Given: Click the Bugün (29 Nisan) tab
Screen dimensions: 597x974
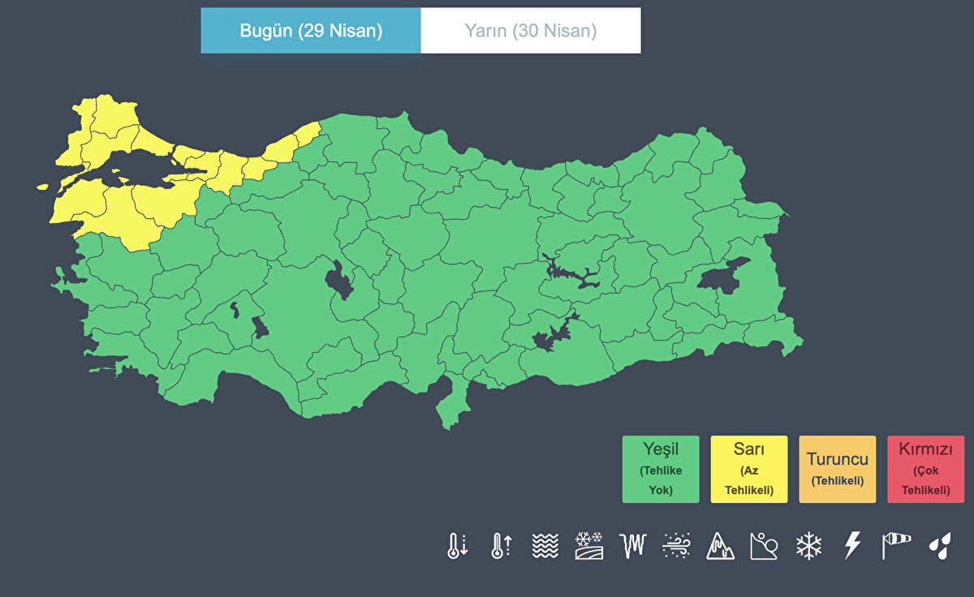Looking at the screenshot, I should [311, 31].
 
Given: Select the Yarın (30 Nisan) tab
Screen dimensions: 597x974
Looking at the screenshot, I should [531, 31].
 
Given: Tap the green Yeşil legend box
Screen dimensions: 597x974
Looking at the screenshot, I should [661, 469].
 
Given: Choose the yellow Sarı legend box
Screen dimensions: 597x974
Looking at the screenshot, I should [749, 469].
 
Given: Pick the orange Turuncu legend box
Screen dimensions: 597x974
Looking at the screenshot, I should [838, 469].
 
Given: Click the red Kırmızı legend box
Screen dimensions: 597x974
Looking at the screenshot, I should [925, 469].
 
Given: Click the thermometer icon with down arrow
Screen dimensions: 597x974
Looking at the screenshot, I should [457, 545].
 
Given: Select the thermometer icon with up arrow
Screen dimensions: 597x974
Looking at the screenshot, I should [501, 545].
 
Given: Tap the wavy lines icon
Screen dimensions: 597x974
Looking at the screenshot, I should [545, 545].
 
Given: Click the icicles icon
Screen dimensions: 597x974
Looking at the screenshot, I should [632, 545].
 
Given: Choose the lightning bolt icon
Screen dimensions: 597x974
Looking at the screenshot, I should [851, 545].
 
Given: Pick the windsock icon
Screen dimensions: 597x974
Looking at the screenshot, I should [896, 545].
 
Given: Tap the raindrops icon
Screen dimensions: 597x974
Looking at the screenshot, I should [940, 545].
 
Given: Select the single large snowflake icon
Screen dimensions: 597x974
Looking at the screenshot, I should [808, 545].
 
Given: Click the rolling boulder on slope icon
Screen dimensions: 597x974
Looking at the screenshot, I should [764, 545].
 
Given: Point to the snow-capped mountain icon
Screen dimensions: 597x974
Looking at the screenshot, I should [721, 545].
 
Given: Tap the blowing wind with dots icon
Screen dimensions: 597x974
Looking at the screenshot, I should [676, 545].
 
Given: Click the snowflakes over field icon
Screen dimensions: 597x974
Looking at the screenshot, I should [588, 545].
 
